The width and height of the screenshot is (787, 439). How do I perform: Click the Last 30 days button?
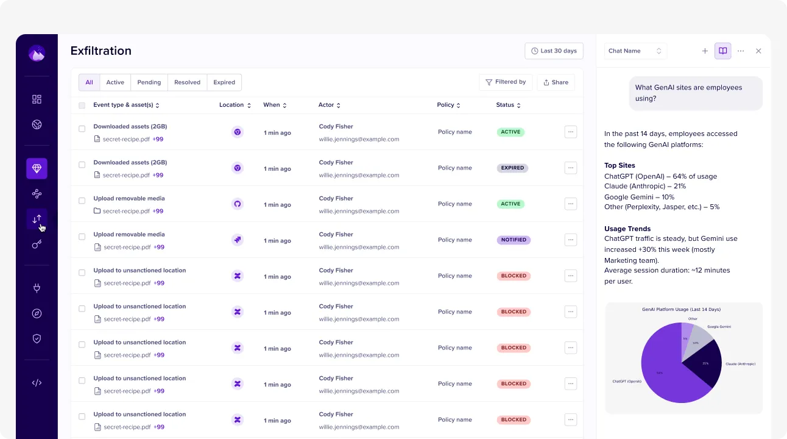(x=554, y=51)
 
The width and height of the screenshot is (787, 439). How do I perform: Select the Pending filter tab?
(x=149, y=82)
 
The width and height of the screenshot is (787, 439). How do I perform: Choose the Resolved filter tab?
(x=187, y=82)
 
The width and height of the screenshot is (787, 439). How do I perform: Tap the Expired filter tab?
(x=224, y=82)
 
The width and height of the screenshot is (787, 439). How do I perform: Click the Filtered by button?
(x=506, y=82)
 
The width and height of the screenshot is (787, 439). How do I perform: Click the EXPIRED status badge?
(x=512, y=168)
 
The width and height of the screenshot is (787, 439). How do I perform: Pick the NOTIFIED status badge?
(x=513, y=240)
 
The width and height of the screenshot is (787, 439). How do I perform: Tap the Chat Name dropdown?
(x=635, y=51)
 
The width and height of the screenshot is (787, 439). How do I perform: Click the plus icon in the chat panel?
(x=705, y=51)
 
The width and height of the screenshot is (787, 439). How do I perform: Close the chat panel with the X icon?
(x=758, y=51)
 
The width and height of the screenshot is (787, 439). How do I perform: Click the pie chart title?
(x=681, y=309)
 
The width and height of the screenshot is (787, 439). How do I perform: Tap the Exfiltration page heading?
(x=101, y=51)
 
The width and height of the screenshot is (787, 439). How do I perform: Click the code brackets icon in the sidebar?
(x=37, y=383)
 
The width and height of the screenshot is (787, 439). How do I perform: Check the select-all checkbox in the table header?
(x=82, y=105)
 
